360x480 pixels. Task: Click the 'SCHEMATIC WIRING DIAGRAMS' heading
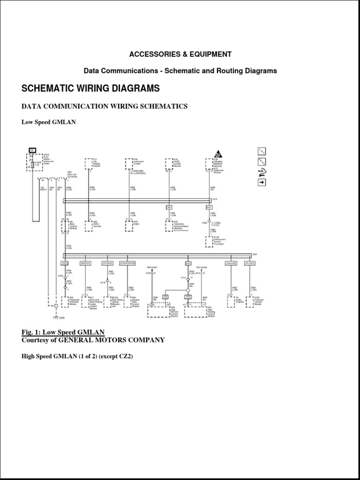point(91,89)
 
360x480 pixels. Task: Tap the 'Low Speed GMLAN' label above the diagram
point(49,122)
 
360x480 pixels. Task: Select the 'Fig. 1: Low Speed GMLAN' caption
point(63,332)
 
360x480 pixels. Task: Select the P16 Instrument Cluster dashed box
point(129,164)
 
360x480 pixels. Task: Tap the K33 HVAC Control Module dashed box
point(169,164)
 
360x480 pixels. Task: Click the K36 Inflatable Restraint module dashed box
point(210,164)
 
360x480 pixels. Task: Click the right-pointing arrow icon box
point(262,182)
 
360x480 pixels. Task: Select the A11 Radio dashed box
point(129,225)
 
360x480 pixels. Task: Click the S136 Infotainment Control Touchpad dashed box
point(210,241)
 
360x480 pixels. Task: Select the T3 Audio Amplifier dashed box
point(231,301)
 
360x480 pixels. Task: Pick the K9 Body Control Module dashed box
point(65,226)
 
